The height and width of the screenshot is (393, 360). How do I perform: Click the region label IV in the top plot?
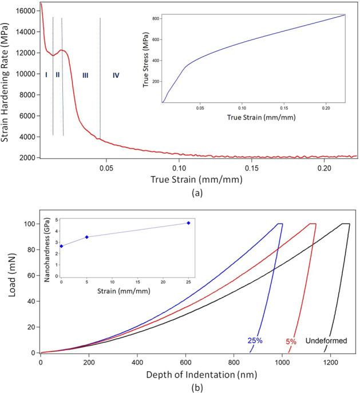click(x=116, y=75)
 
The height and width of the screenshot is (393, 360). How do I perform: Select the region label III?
click(x=85, y=75)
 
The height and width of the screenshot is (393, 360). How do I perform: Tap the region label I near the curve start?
click(x=46, y=74)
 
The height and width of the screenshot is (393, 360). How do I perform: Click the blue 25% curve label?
click(x=256, y=340)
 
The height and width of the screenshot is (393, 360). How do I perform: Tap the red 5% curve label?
click(x=291, y=342)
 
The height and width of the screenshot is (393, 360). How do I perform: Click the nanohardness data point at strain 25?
click(x=188, y=223)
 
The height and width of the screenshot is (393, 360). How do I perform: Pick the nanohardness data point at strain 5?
click(x=86, y=237)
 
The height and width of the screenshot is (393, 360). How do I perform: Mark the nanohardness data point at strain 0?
click(x=61, y=246)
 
